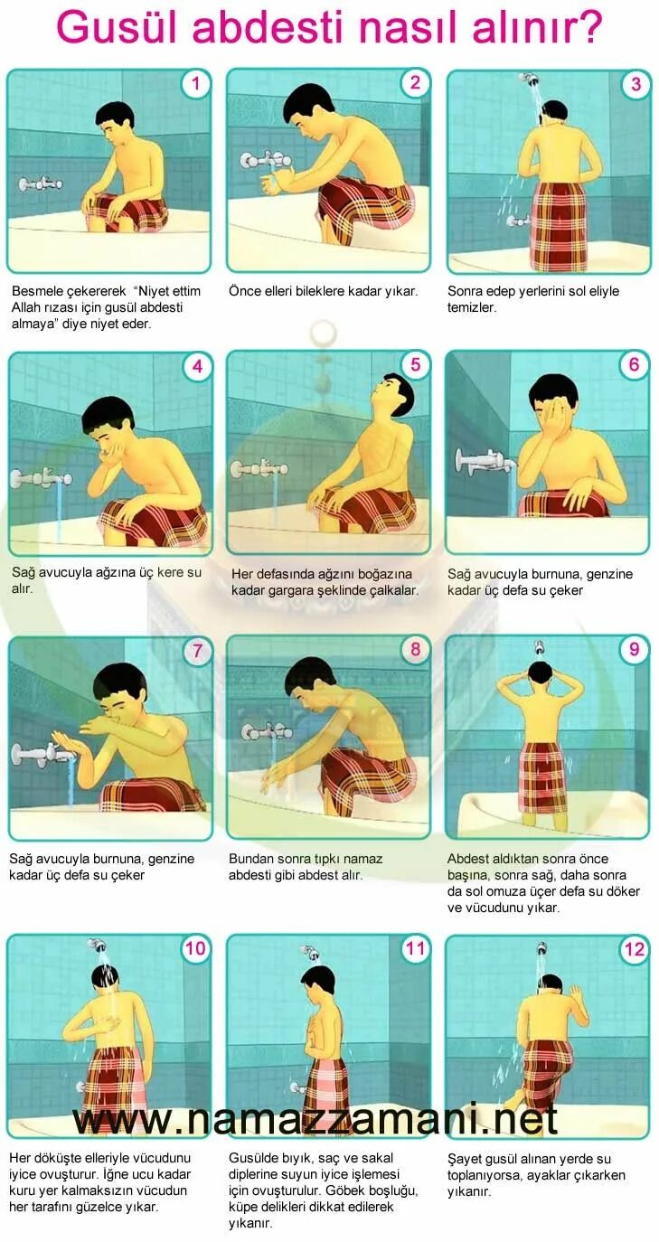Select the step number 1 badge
195,84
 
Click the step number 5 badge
415,365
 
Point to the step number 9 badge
634,649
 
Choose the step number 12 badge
634,949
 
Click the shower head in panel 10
99,945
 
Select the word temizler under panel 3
472,307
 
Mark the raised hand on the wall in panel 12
575,994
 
